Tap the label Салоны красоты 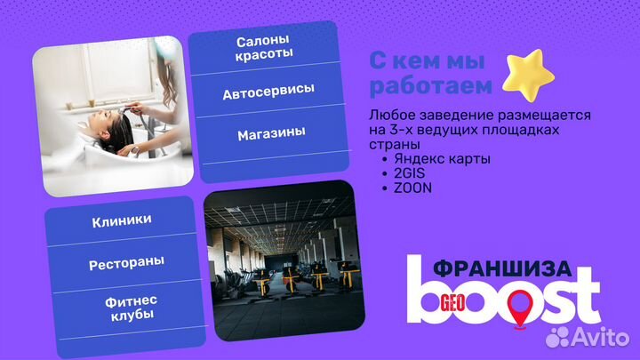point(264,49)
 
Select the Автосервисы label point(268,92)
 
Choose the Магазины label point(271,133)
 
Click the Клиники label point(121,220)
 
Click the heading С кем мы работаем point(431,75)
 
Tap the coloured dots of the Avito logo point(559,337)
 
